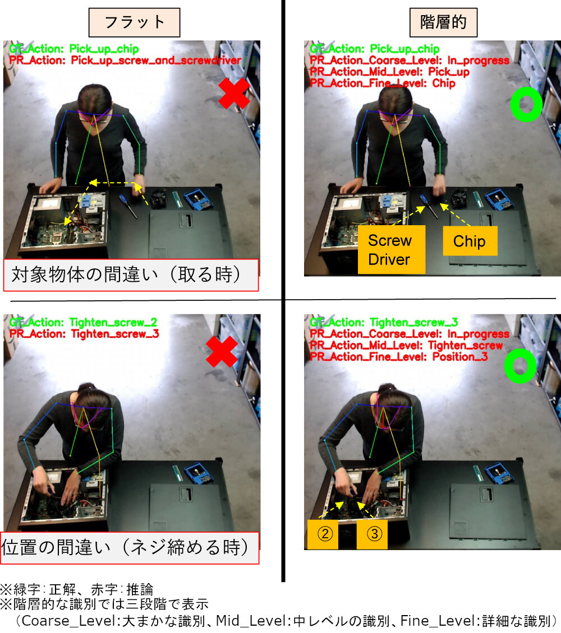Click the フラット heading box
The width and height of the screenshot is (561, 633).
click(134, 22)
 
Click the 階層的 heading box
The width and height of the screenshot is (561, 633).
click(443, 22)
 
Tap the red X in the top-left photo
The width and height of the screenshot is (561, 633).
click(233, 93)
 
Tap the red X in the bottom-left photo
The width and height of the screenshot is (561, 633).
click(222, 351)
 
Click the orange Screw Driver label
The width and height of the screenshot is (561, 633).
click(391, 249)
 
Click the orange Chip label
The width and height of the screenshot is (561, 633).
click(470, 241)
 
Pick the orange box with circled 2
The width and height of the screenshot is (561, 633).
click(323, 534)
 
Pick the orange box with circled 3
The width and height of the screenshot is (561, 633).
click(372, 534)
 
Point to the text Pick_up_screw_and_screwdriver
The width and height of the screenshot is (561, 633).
click(156, 60)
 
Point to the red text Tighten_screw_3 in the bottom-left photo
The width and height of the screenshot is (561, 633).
click(115, 334)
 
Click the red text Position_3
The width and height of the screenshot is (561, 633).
click(460, 357)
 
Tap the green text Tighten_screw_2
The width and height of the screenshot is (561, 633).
click(113, 323)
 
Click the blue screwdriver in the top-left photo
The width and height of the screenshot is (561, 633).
click(128, 206)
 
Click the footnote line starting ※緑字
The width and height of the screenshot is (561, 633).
click(77, 589)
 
